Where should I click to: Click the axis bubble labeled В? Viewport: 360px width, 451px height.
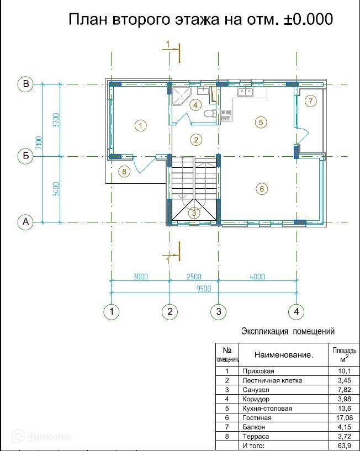[25, 84]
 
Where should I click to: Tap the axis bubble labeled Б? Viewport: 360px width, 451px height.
[25, 156]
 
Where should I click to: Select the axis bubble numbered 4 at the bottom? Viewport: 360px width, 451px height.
[297, 311]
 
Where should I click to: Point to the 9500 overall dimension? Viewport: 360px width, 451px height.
[204, 289]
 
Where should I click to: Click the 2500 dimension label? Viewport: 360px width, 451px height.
[194, 277]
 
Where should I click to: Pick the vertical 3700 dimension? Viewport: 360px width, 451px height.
[57, 120]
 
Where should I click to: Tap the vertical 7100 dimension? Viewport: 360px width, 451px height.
[39, 142]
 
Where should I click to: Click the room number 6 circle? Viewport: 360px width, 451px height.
[262, 189]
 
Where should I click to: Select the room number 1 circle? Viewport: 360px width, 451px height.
[141, 126]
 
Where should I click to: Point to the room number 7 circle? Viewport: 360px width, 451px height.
[310, 101]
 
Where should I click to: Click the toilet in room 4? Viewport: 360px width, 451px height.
[211, 113]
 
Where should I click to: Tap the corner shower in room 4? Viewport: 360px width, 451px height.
[181, 95]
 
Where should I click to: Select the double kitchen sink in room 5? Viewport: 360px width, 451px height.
[246, 92]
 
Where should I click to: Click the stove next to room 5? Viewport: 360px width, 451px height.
[226, 115]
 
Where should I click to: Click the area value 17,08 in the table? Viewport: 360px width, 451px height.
[345, 418]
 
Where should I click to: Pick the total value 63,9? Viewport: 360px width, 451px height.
[345, 446]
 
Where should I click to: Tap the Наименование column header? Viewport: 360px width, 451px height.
[283, 355]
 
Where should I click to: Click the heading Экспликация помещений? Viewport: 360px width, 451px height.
[288, 331]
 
